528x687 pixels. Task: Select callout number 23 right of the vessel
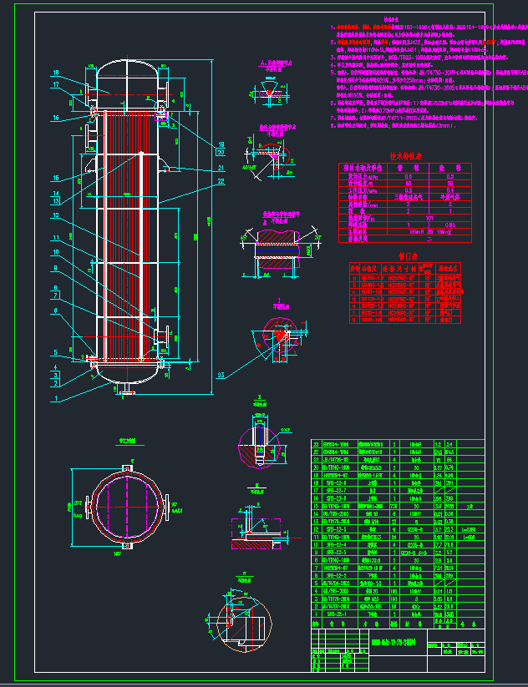coord(220,374)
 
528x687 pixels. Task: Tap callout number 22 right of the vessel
coord(221,182)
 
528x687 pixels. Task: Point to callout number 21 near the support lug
coord(221,168)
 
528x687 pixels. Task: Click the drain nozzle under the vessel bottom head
coord(127,389)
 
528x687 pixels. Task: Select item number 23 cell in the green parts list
coord(316,444)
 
